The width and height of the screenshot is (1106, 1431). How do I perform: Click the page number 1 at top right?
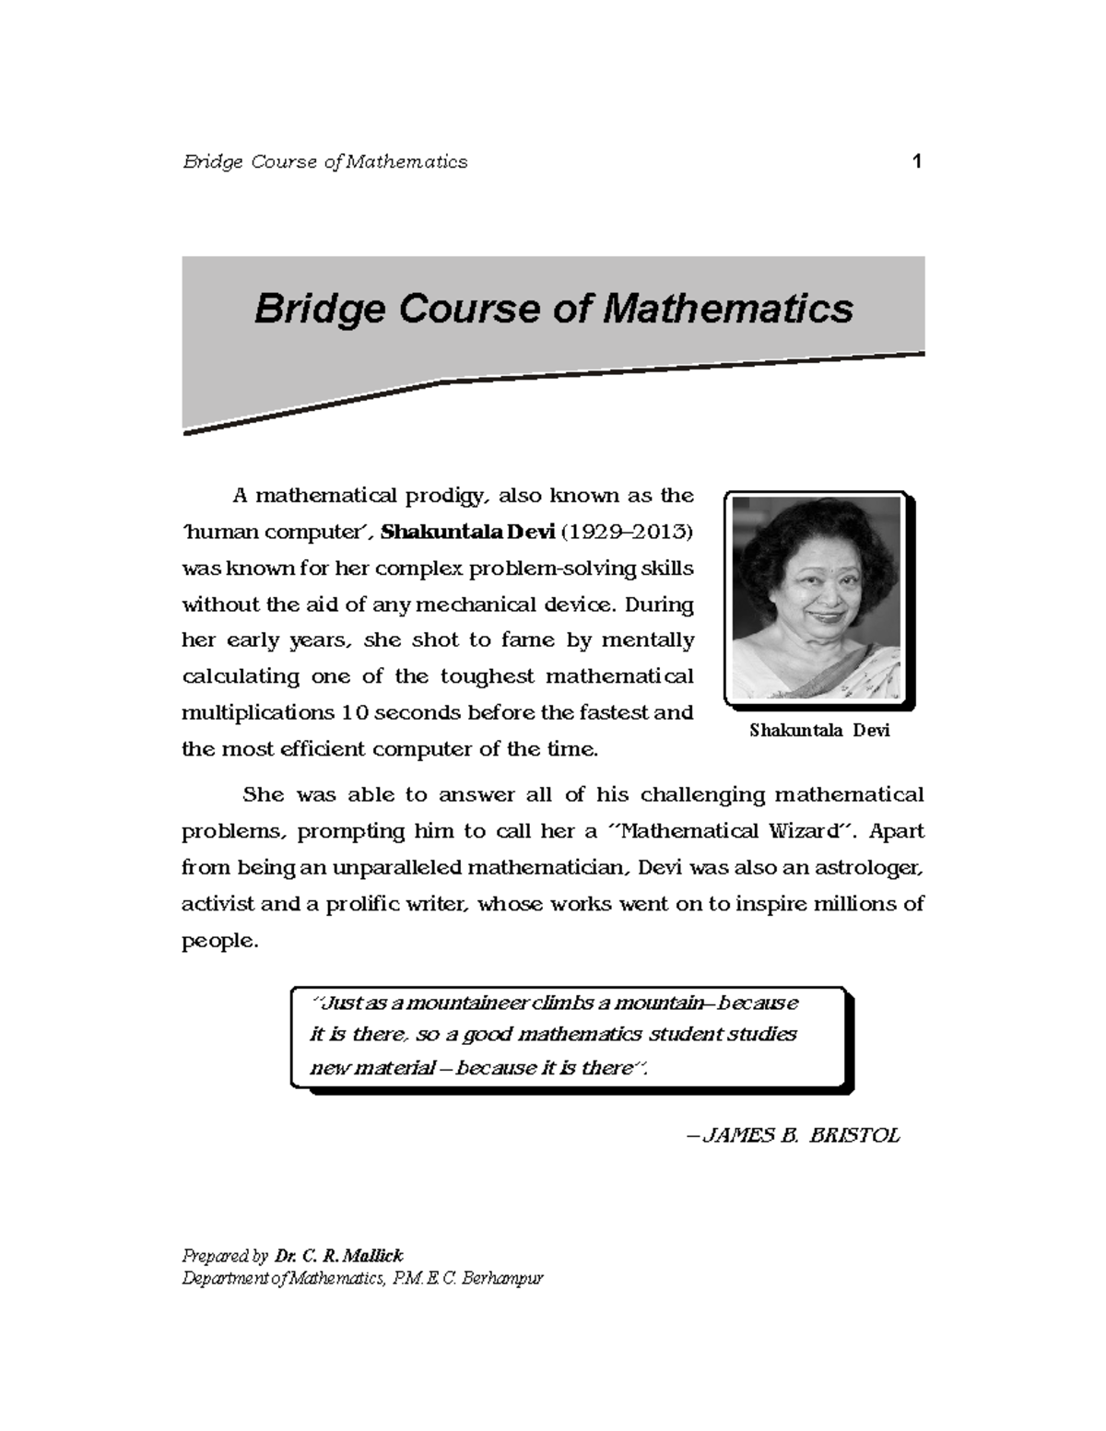coord(916,162)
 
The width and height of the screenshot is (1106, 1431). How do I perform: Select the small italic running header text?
coord(324,162)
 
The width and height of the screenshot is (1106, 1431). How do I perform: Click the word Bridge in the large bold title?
coord(319,309)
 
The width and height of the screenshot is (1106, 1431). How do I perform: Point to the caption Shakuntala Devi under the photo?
coord(818,731)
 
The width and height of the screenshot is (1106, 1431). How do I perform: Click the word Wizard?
coord(808,831)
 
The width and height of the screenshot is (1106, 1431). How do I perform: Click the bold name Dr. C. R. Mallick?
coord(338,1255)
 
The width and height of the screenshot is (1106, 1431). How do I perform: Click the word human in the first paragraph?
coord(223,533)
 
